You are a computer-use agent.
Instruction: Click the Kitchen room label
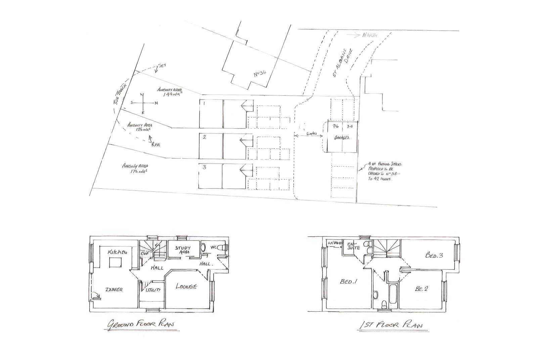point(117,252)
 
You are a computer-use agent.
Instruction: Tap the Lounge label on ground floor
point(186,286)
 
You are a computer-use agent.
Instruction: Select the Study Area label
point(183,250)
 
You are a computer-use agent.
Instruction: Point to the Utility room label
point(153,289)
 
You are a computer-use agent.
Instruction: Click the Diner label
point(114,289)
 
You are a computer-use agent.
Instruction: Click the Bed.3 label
point(434,256)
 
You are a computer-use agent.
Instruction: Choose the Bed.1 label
point(348,282)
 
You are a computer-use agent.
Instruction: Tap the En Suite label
point(354,245)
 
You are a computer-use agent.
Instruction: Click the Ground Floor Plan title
point(141,324)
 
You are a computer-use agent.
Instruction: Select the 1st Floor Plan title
point(391,325)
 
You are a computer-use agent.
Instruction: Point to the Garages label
point(343,138)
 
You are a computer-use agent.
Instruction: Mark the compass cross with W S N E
point(143,103)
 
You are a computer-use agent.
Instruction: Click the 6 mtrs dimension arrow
point(308,135)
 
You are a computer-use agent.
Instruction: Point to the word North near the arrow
point(370,35)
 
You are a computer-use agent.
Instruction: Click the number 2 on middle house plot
point(204,137)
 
